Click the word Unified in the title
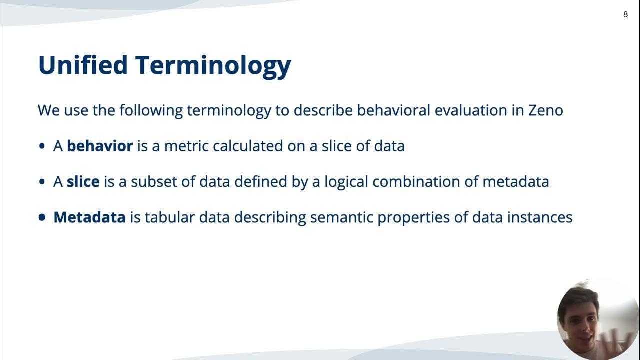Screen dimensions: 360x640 (x=83, y=65)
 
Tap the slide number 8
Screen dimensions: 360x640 (x=625, y=14)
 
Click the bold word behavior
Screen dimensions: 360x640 (x=100, y=146)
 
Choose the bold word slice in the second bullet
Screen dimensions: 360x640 (x=83, y=182)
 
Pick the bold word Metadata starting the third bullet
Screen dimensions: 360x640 (x=89, y=217)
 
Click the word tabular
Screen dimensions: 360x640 (x=169, y=218)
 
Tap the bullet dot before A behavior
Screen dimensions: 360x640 (x=42, y=146)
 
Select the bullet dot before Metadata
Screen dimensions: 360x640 (x=42, y=218)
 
